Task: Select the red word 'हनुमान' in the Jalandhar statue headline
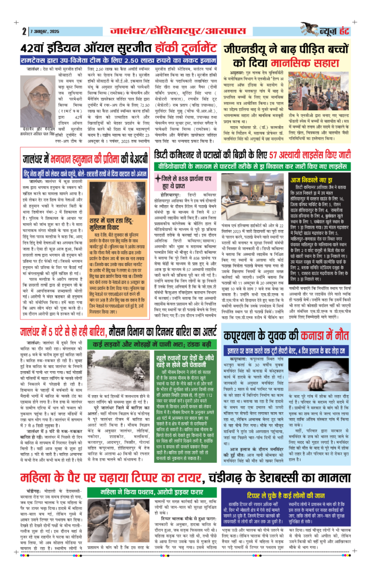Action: [94, 159]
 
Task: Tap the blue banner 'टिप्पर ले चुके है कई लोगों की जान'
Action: [303, 492]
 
